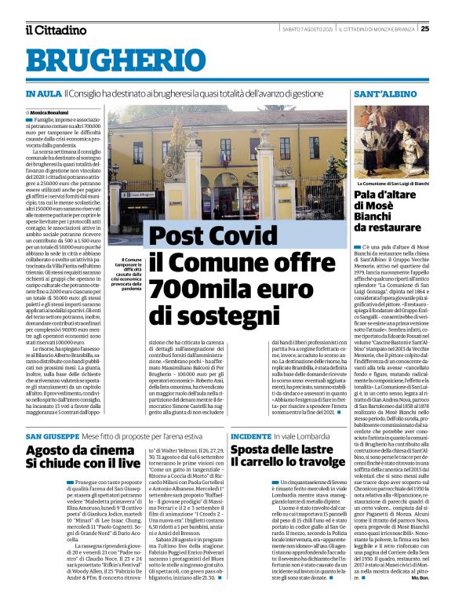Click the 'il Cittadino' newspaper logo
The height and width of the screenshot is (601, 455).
55,30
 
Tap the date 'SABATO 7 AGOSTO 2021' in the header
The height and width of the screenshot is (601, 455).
309,29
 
